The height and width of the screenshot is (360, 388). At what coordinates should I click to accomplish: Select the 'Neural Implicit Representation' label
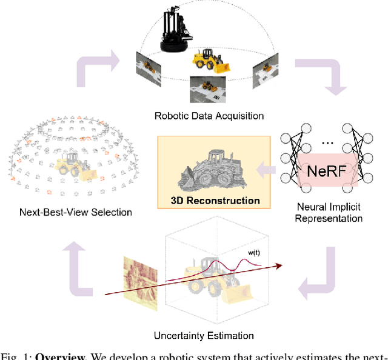329,213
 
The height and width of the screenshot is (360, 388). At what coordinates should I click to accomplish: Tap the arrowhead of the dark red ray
280,265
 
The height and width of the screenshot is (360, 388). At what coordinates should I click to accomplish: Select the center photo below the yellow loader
205,88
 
